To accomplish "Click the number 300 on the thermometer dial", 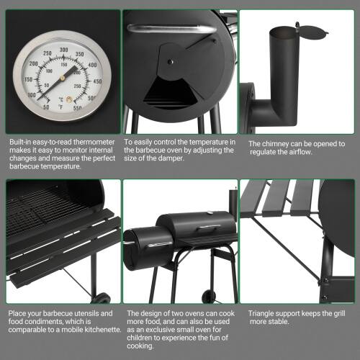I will pos(63,50).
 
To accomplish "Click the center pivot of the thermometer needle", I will pos(64,78).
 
